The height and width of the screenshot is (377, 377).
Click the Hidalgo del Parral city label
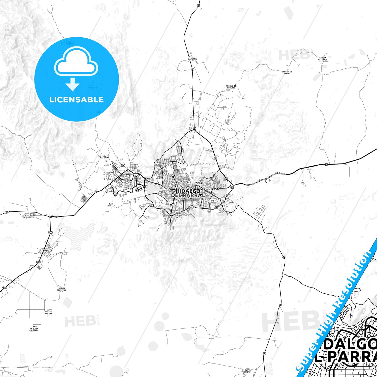[188, 193]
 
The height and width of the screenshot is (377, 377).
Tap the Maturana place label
[193, 59]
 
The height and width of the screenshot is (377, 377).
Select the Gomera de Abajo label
[323, 59]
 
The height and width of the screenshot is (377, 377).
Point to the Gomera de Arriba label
[287, 73]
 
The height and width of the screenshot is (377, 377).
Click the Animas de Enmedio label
[231, 87]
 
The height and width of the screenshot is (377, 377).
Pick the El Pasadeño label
[105, 157]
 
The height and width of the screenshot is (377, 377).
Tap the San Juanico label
[111, 205]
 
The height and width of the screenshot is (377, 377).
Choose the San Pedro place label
[30, 216]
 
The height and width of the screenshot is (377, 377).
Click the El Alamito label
[48, 249]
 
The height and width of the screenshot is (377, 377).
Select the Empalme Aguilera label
[62, 289]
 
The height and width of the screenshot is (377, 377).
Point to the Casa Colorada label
[47, 313]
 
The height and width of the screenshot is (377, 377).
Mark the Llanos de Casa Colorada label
[34, 328]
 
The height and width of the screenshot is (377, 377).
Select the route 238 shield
[123, 166]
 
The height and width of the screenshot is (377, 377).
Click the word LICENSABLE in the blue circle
[76, 99]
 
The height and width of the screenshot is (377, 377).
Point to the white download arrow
[73, 84]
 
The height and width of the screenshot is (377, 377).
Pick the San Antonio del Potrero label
[67, 43]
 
